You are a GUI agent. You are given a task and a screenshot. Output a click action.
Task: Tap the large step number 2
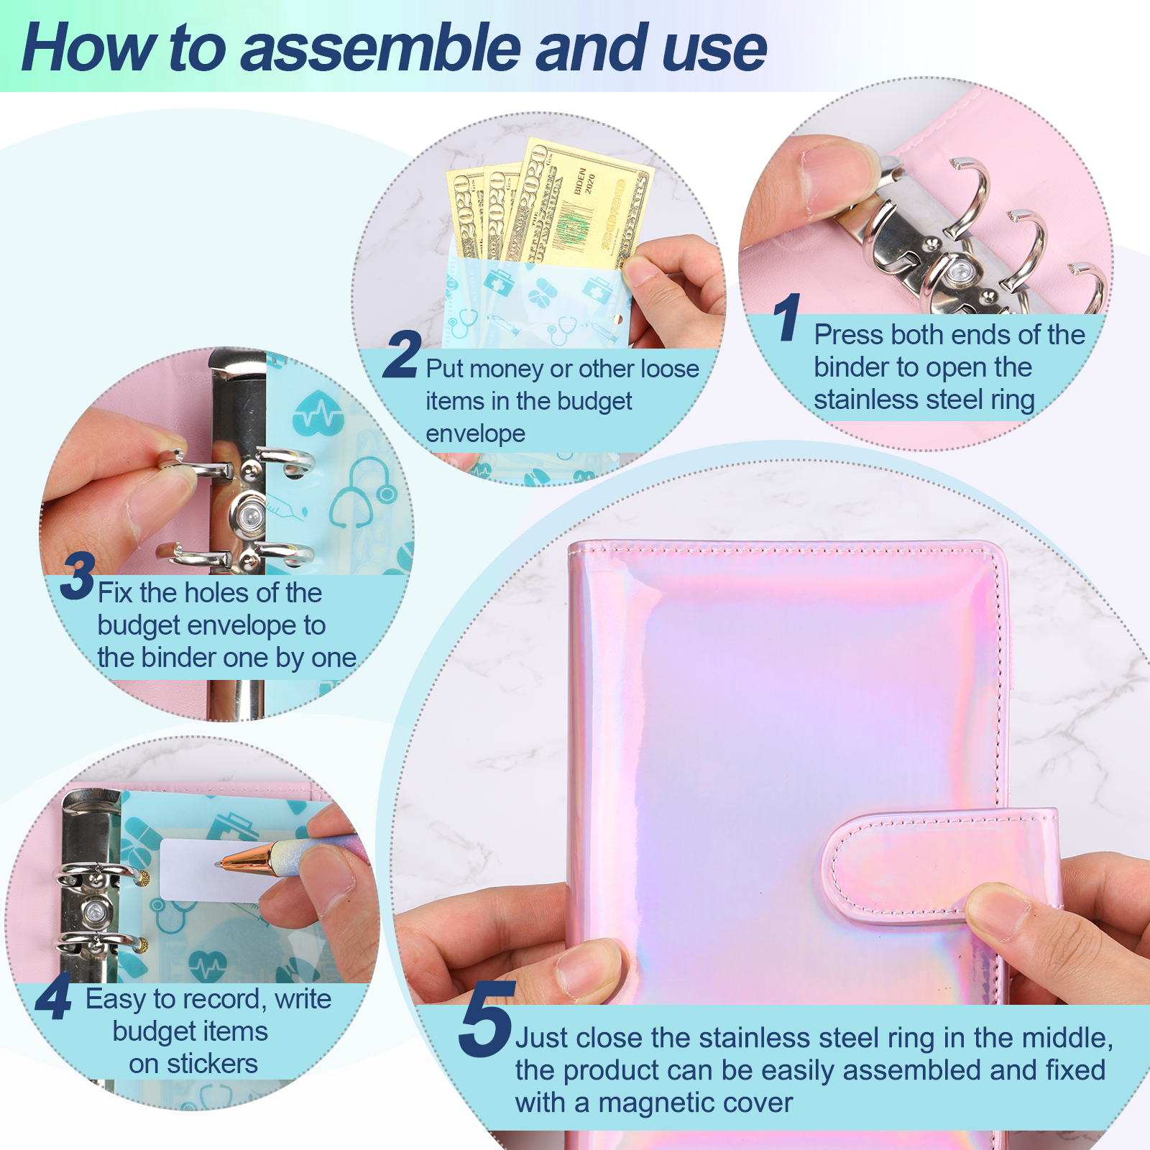coord(402,354)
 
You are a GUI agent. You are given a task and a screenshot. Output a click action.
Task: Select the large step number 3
coord(78,576)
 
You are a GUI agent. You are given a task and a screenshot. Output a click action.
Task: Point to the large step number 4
coord(54,996)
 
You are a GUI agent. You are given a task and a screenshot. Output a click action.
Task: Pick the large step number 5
coord(487,1018)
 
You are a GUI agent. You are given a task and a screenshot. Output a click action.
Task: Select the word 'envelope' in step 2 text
coord(475,433)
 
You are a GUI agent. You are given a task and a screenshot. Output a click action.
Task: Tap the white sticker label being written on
coord(208,870)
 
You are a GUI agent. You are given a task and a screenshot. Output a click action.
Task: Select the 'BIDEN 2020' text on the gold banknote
coord(584,180)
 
